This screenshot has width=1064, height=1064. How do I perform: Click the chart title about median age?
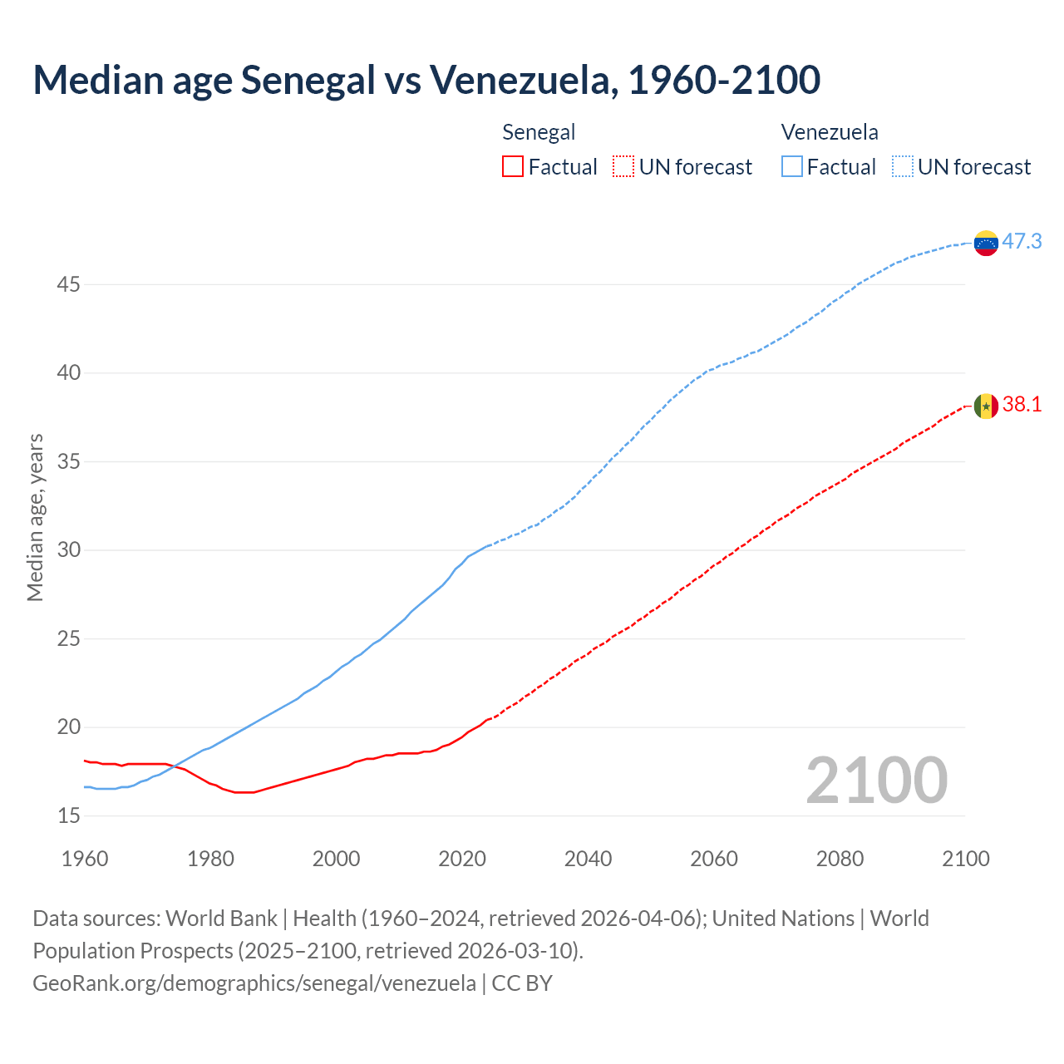pos(426,81)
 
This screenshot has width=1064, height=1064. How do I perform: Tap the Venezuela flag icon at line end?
pos(986,243)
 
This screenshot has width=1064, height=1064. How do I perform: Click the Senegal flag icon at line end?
pos(986,406)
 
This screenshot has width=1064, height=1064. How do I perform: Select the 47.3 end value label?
pos(1022,242)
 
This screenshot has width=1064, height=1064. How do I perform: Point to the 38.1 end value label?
pos(1022,405)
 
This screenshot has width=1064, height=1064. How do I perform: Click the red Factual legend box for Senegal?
pos(513,166)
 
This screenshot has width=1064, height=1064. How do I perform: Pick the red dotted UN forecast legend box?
pos(623,166)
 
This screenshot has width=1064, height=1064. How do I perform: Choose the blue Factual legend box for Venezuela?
pos(792,166)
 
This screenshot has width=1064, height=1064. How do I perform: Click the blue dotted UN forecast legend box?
pos(903,166)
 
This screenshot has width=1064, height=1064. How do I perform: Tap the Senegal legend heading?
pos(539,132)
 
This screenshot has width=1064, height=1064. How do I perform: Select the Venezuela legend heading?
pos(830,132)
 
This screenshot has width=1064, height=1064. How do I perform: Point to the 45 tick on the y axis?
pos(68,284)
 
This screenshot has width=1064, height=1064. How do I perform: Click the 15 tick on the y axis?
pos(68,815)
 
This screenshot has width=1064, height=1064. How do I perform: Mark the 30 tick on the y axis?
pos(68,550)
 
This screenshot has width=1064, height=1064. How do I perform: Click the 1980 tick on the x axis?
pos(210,859)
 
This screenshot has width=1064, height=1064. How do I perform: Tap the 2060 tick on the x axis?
pos(714,859)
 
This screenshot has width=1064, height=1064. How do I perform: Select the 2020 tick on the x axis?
pos(462,859)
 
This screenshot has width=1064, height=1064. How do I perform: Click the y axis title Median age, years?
pos(35,517)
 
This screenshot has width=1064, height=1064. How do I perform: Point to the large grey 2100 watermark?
pos(876,780)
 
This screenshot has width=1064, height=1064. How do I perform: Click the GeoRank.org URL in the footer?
pos(254,983)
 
